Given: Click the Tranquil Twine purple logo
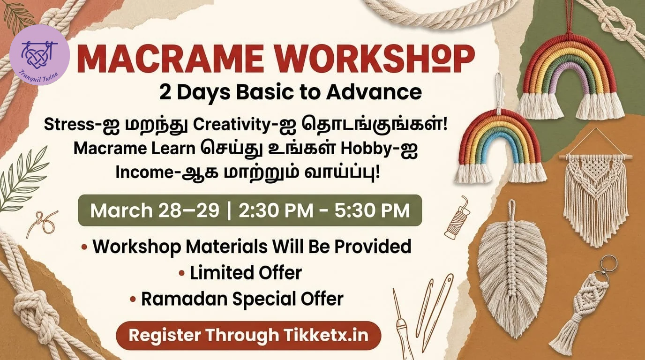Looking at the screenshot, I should point(39,55).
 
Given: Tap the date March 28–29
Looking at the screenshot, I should point(155,210).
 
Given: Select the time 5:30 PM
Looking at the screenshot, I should point(372,210).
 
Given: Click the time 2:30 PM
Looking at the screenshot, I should point(276,210).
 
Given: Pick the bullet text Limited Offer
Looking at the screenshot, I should point(246,273).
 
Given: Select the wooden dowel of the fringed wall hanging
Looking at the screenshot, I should point(596,157).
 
